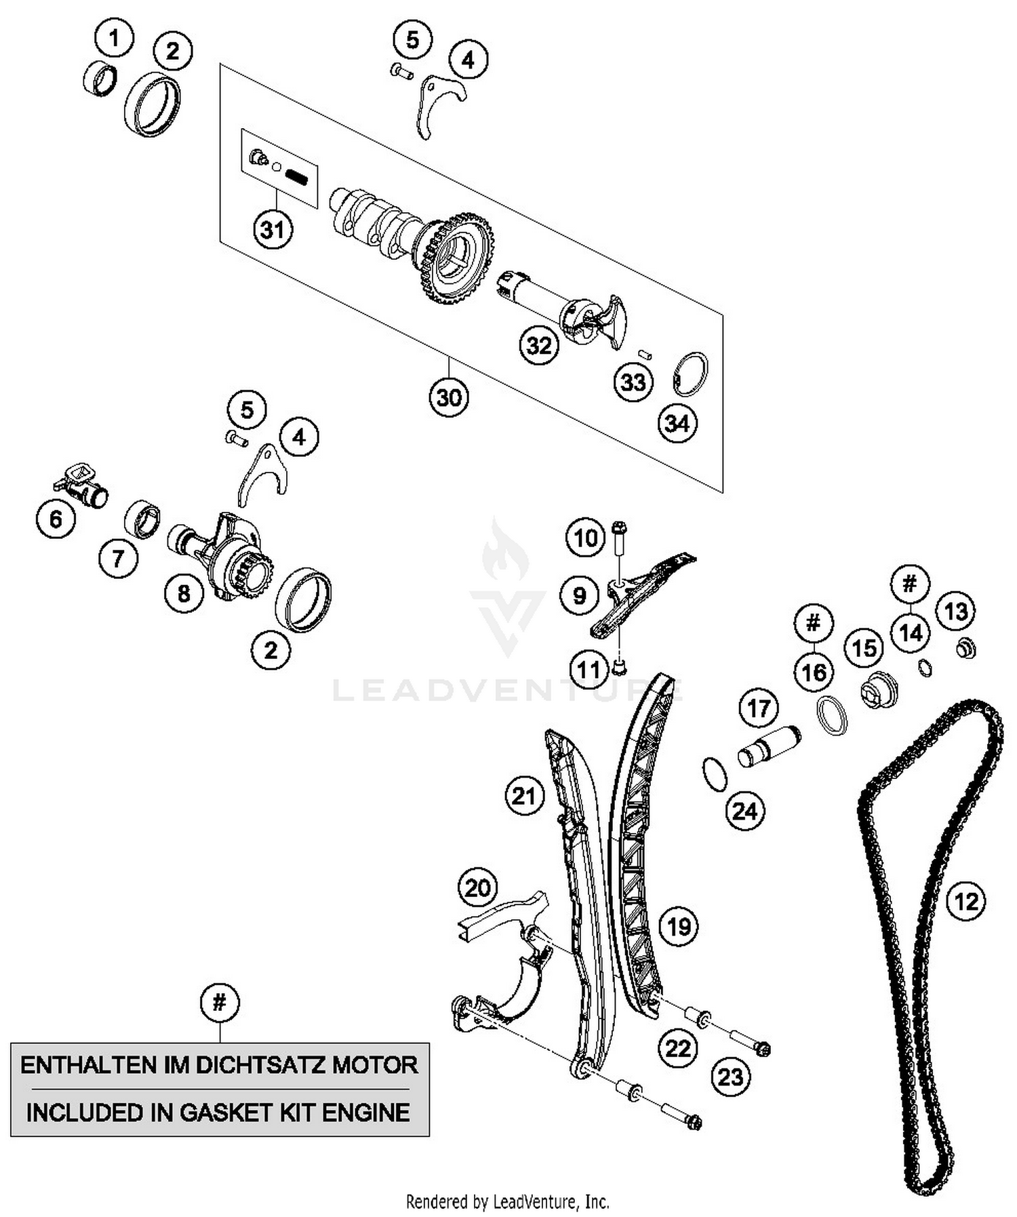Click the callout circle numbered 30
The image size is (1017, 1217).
(449, 397)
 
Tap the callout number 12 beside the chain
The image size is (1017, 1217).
(966, 902)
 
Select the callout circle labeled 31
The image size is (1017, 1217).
(273, 229)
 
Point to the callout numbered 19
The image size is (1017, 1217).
(679, 926)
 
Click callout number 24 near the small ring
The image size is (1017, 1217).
(744, 810)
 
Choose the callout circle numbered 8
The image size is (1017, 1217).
(184, 594)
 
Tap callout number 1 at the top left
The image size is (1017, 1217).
(114, 39)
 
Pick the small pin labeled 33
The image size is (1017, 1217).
(645, 353)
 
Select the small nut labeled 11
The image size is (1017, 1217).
(618, 668)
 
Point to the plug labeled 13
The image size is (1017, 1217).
(965, 648)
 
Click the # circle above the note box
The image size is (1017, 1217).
(220, 1002)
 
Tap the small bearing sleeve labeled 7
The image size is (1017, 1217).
(142, 520)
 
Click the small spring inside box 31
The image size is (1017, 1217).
(296, 178)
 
